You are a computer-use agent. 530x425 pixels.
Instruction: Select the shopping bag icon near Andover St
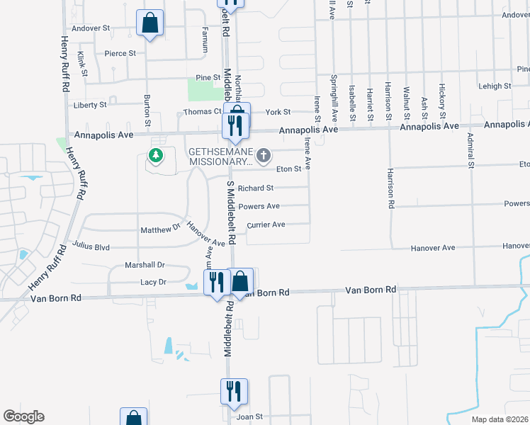coord(150,23)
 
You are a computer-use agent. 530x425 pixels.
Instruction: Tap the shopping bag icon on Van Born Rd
coord(241,280)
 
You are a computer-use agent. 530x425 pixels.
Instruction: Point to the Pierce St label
coord(120,53)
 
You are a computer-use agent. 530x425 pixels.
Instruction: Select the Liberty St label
coord(90,105)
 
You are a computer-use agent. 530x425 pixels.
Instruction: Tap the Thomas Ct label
coord(203,112)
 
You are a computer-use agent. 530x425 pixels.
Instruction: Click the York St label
coord(278,112)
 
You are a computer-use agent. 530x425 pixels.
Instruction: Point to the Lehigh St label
coord(495,86)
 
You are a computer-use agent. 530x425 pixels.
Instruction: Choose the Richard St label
coord(255,188)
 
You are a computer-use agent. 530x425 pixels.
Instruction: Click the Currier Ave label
coord(266,225)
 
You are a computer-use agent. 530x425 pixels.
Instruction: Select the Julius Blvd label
coord(91,247)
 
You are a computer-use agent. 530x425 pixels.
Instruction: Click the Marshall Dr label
coord(145,265)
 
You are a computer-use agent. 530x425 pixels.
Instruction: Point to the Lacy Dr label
coord(152,282)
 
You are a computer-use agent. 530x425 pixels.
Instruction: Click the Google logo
coord(23,416)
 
